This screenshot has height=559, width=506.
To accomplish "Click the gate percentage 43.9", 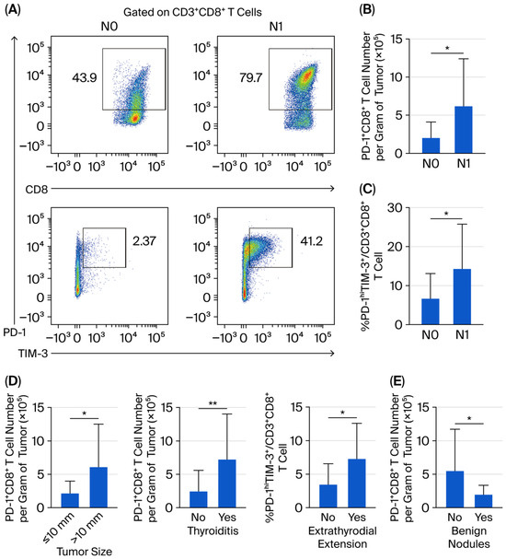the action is [x=85, y=77].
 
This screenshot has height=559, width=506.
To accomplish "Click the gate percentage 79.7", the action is [x=250, y=77].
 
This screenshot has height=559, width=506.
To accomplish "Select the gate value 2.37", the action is [x=144, y=241].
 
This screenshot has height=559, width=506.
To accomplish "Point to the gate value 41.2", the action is [x=312, y=241].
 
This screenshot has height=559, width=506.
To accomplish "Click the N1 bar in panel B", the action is [x=464, y=130].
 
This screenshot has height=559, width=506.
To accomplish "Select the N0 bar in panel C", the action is [x=431, y=311].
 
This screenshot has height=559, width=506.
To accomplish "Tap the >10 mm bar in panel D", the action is [x=98, y=487].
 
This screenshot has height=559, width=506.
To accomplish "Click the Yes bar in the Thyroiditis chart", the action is [x=227, y=483].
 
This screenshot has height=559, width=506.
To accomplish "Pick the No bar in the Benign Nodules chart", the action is [x=455, y=490].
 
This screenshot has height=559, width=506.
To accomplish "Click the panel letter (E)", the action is [x=397, y=381].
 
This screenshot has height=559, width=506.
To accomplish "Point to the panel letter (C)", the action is [x=367, y=189].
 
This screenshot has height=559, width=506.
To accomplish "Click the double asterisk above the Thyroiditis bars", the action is [x=213, y=403].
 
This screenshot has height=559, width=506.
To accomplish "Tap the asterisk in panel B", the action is [x=447, y=48].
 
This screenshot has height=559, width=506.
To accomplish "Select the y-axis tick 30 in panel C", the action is [x=395, y=207].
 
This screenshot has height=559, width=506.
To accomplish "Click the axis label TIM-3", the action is [x=33, y=354].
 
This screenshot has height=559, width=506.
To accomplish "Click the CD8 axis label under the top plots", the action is [x=36, y=190].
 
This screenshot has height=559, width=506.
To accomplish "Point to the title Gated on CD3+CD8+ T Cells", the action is [x=192, y=12].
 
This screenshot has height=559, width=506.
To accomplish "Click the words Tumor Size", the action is [x=85, y=551].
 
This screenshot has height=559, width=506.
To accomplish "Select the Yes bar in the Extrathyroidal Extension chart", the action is [x=357, y=483].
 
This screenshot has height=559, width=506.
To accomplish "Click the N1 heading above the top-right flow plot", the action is [x=276, y=27].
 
